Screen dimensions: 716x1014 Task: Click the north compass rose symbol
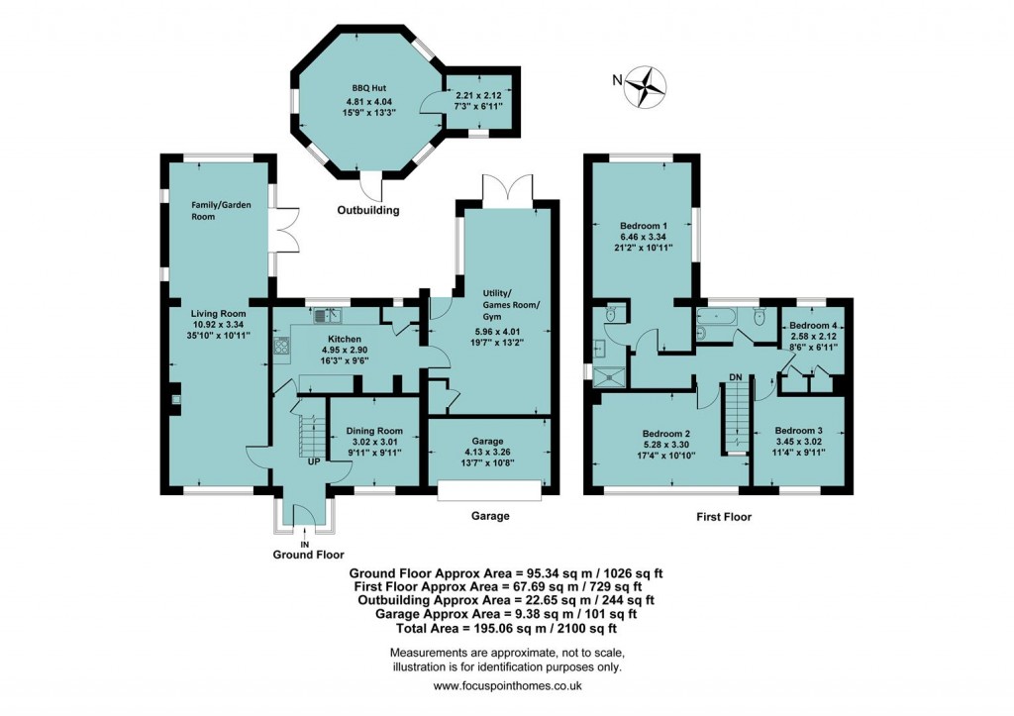pyautogui.click(x=650, y=85)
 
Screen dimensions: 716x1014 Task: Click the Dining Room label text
pyautogui.click(x=374, y=431)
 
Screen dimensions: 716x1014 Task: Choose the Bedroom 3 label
pyautogui.click(x=798, y=431)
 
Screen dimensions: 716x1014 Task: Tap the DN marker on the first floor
pyautogui.click(x=735, y=377)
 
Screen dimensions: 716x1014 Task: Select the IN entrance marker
pyautogui.click(x=306, y=545)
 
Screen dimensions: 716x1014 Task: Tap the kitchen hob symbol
pyautogui.click(x=280, y=347)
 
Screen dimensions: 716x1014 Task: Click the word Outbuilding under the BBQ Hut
pyautogui.click(x=368, y=210)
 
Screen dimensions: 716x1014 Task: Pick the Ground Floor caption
pyautogui.click(x=308, y=556)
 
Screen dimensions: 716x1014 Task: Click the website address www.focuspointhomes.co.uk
pyautogui.click(x=507, y=685)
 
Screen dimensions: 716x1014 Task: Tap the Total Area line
pyautogui.click(x=506, y=628)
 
